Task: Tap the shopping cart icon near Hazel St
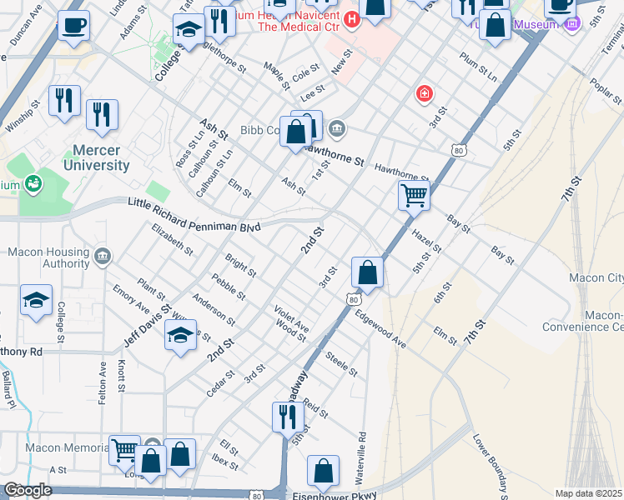coord(414,197)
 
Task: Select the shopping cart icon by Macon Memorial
coord(124,452)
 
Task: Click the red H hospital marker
coord(352,18)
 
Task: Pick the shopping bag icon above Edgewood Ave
coord(367,272)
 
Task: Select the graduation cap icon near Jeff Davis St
coord(180,335)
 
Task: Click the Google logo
coord(28,490)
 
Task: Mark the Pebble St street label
coord(229,287)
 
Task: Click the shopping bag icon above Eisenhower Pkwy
coord(323,471)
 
